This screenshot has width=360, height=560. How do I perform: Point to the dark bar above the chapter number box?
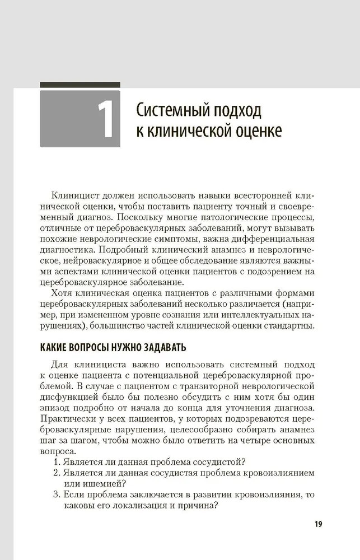80,85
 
